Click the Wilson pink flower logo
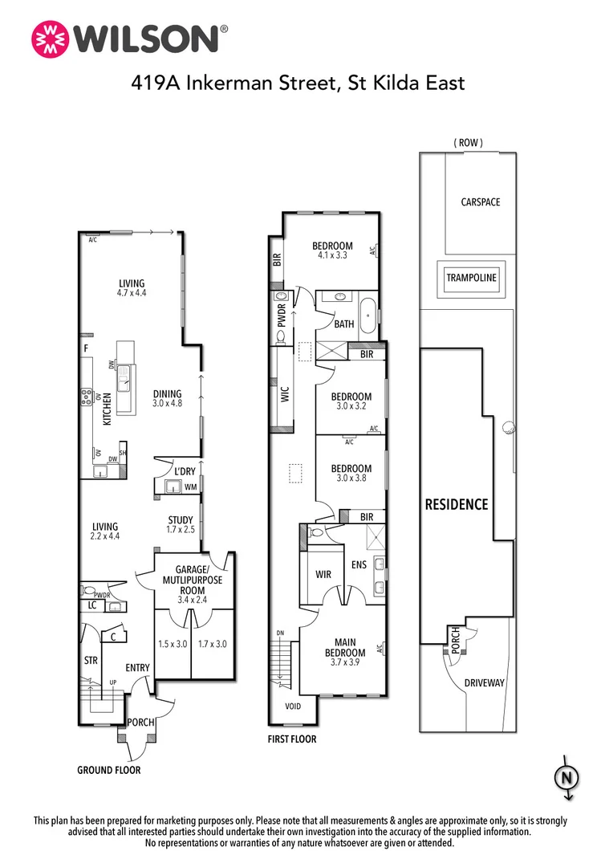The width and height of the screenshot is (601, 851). pyautogui.click(x=51, y=39)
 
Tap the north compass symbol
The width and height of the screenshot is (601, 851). pyautogui.click(x=566, y=778)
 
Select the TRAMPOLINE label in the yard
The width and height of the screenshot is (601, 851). pyautogui.click(x=471, y=277)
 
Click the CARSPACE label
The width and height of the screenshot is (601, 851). pyautogui.click(x=481, y=202)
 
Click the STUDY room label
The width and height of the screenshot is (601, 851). pyautogui.click(x=181, y=520)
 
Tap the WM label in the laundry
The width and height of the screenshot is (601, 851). pyautogui.click(x=190, y=487)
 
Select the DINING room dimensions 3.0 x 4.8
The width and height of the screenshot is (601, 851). pyautogui.click(x=167, y=403)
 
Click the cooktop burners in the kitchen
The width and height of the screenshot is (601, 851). pyautogui.click(x=86, y=398)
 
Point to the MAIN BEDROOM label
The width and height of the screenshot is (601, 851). pyautogui.click(x=345, y=647)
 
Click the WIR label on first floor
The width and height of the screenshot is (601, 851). pyautogui.click(x=323, y=574)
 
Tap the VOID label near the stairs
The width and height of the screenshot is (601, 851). pyautogui.click(x=293, y=706)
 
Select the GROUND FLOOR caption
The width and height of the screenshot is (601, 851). pyautogui.click(x=108, y=770)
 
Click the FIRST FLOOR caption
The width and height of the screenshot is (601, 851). pyautogui.click(x=292, y=739)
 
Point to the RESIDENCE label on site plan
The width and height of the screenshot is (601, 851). pyautogui.click(x=457, y=505)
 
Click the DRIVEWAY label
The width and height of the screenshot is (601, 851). pyautogui.click(x=485, y=682)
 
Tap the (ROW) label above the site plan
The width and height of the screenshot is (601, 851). pyautogui.click(x=468, y=143)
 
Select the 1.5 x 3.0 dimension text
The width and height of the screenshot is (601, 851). pyautogui.click(x=173, y=644)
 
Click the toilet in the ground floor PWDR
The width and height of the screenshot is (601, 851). pyautogui.click(x=89, y=590)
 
